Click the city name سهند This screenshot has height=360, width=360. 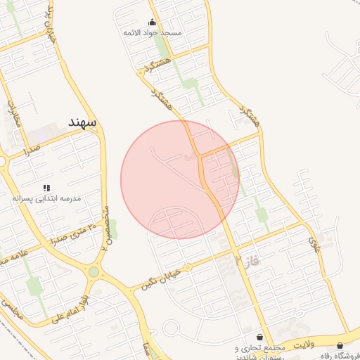[82, 122]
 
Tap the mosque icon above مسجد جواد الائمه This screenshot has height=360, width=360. [153, 22]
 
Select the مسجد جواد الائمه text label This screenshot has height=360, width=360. [153, 33]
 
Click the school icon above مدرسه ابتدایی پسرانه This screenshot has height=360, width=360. [46, 188]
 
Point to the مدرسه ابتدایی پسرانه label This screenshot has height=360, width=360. [46, 199]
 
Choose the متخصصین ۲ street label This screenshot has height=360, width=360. [106, 229]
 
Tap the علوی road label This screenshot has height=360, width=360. [314, 246]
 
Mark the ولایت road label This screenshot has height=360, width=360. [301, 344]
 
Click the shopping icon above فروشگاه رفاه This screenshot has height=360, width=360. [341, 345]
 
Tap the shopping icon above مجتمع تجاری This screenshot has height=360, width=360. [260, 337]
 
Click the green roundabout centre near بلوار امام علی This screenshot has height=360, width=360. [94, 272]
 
